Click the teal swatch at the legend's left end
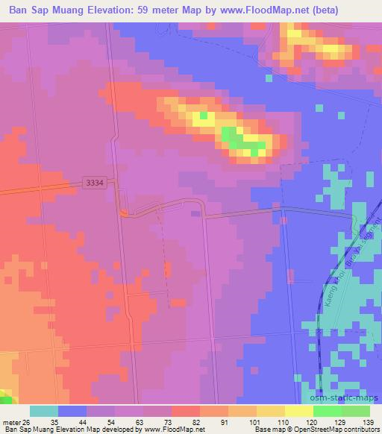(43, 411)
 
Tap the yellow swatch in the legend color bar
(299, 411)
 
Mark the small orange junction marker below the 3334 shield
(123, 214)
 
